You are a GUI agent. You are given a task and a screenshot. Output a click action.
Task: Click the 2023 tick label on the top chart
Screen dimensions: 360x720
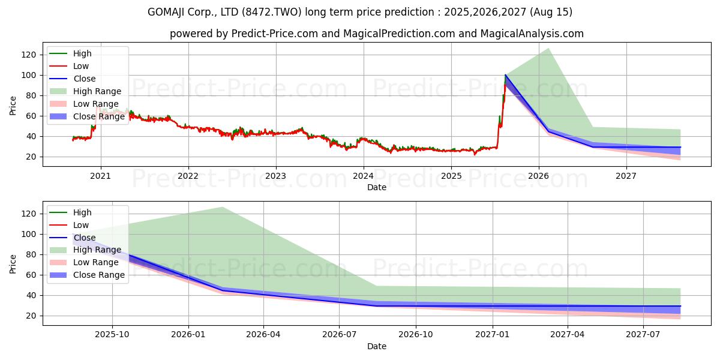pyautogui.click(x=275, y=176)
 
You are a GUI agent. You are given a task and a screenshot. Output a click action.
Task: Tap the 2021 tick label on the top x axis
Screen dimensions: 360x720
pyautogui.click(x=100, y=176)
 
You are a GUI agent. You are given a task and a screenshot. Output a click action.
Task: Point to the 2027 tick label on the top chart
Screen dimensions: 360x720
pyautogui.click(x=626, y=176)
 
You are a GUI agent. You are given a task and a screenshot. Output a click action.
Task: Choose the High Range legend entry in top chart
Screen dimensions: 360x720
pyautogui.click(x=97, y=91)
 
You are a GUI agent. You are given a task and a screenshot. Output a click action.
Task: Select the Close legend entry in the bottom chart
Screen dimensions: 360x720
pyautogui.click(x=84, y=238)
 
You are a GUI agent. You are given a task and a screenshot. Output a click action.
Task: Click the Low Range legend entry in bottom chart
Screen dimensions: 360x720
pyautogui.click(x=96, y=262)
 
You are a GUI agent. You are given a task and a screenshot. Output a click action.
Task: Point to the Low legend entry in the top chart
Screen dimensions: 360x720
pyautogui.click(x=81, y=66)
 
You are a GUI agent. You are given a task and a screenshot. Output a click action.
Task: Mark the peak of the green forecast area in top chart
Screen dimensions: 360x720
pyautogui.click(x=548, y=49)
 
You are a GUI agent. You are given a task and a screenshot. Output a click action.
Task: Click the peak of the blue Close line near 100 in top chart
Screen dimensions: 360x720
pyautogui.click(x=506, y=75)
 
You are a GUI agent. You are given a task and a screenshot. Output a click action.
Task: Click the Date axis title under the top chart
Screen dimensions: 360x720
pyautogui.click(x=376, y=187)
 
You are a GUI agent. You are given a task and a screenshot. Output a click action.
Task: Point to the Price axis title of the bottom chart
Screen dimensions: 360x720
pyautogui.click(x=13, y=263)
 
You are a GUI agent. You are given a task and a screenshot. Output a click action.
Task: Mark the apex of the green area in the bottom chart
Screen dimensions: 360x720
pyautogui.click(x=223, y=207)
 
